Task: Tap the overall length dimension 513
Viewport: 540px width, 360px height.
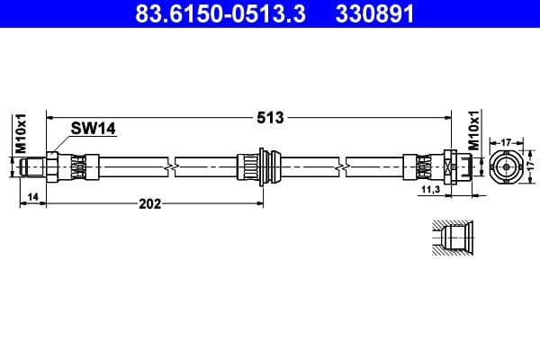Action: pos(270,117)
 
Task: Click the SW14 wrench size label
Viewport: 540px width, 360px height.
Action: pos(94,130)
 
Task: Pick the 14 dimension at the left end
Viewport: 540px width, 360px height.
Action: pos(32,195)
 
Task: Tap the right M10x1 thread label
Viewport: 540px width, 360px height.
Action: pos(474,132)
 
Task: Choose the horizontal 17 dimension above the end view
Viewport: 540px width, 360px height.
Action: pos(506,141)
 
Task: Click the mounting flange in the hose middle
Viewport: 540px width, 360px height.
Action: pos(262,166)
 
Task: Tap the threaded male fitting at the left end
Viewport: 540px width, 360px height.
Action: pos(36,166)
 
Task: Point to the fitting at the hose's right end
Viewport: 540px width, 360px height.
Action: pos(450,166)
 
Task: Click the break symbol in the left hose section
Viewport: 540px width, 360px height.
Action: pos(171,166)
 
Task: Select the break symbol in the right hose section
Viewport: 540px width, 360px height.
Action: pos(343,166)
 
